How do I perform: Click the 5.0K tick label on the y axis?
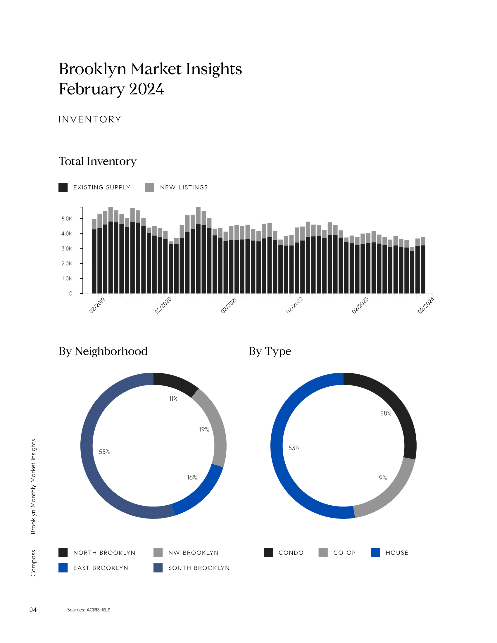pyautogui.click(x=67, y=218)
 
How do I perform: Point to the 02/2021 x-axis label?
pyautogui.click(x=229, y=305)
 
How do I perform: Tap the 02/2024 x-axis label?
pyautogui.click(x=426, y=305)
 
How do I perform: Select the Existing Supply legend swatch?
pyautogui.click(x=63, y=187)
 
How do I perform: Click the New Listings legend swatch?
pyautogui.click(x=150, y=187)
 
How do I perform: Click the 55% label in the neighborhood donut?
pyautogui.click(x=104, y=452)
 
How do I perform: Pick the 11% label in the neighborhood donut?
pyautogui.click(x=173, y=399)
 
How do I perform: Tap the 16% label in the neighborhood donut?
pyautogui.click(x=192, y=477)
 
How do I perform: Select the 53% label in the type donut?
pyautogui.click(x=294, y=448)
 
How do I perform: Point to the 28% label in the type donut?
pyautogui.click(x=386, y=413)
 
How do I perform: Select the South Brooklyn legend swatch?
pyautogui.click(x=158, y=568)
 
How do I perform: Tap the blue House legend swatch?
pyautogui.click(x=375, y=553)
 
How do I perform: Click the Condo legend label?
pyautogui.click(x=291, y=553)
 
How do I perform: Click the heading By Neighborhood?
pyautogui.click(x=103, y=351)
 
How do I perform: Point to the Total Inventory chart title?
pyautogui.click(x=97, y=161)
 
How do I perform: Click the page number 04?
pyautogui.click(x=33, y=610)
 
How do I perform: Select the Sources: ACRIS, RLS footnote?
pyautogui.click(x=89, y=610)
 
